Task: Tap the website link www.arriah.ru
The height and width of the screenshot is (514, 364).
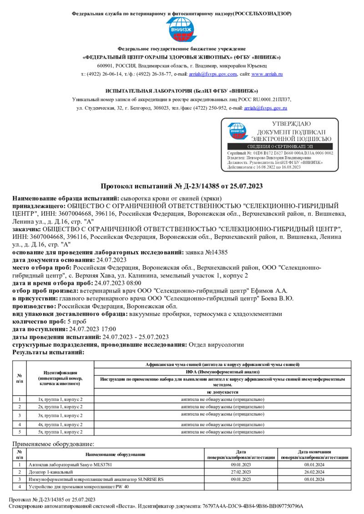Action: [x=267, y=74]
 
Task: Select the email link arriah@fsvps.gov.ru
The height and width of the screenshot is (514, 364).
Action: [x=266, y=108]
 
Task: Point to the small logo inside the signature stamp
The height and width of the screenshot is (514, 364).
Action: [x=237, y=131]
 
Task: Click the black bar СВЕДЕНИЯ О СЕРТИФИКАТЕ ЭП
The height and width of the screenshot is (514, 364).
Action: [x=279, y=147]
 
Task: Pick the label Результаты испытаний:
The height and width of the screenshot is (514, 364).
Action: [x=49, y=352]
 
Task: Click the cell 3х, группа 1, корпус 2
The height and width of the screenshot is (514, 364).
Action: [x=60, y=415]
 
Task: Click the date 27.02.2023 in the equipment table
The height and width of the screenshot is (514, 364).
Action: [x=241, y=472]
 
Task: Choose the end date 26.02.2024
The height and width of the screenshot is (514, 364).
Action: [x=314, y=472]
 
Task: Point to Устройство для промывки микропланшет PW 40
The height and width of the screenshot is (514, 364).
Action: [x=79, y=486]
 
